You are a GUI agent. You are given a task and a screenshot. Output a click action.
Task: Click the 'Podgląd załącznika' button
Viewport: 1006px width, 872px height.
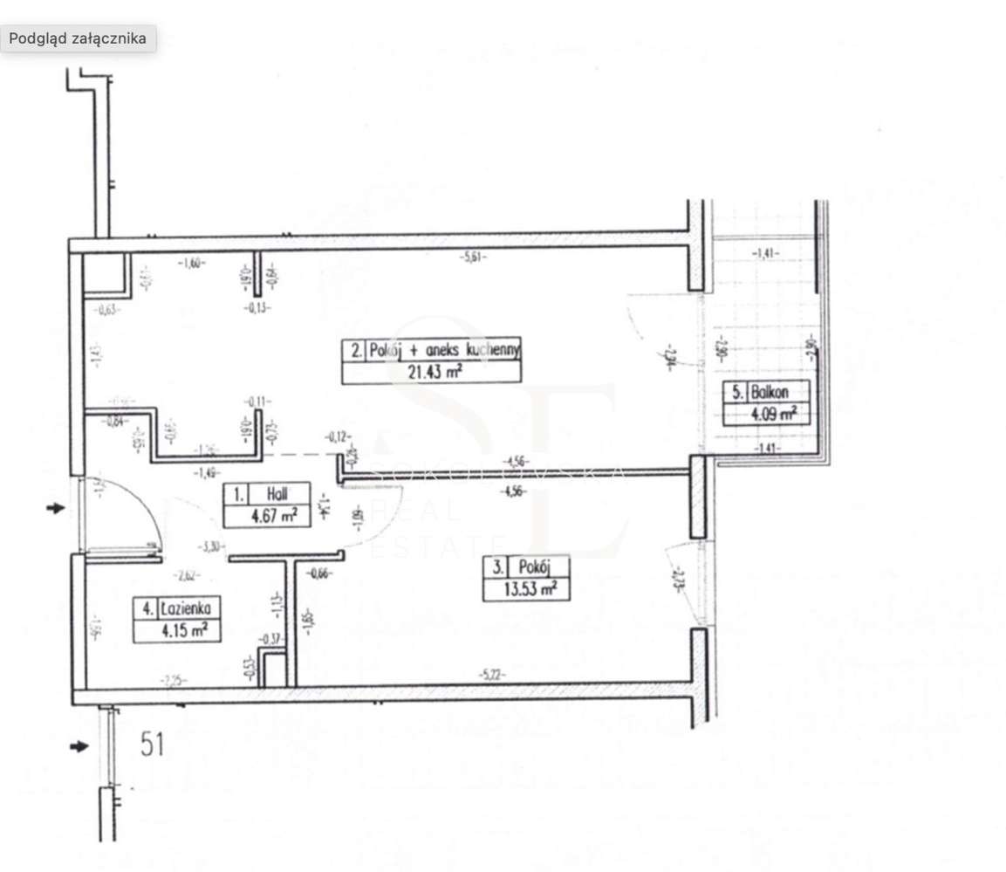78,38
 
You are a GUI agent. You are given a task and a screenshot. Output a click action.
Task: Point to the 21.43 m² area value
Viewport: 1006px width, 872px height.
432,373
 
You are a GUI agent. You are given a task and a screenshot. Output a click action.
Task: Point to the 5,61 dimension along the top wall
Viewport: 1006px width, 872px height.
472,257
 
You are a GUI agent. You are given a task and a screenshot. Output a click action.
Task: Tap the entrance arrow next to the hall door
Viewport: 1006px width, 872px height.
56,508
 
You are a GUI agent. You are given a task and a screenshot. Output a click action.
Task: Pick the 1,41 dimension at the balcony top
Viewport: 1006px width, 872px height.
765,254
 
